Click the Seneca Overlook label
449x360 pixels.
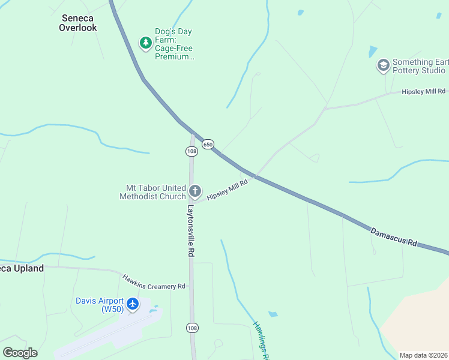pyautogui.click(x=77, y=23)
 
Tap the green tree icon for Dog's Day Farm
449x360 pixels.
pyautogui.click(x=145, y=43)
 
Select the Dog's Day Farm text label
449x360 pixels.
pyautogui.click(x=174, y=44)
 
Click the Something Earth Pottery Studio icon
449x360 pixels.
pyautogui.click(x=383, y=65)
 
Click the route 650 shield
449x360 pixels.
pyautogui.click(x=208, y=144)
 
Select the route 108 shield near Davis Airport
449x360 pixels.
pyautogui.click(x=192, y=328)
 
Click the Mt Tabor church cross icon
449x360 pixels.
pyautogui.click(x=194, y=191)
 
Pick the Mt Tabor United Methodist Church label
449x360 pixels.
pyautogui.click(x=152, y=192)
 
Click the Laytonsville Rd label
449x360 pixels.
pyautogui.click(x=190, y=232)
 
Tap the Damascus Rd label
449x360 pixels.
pyautogui.click(x=393, y=236)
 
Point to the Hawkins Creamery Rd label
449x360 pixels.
pyautogui.click(x=154, y=282)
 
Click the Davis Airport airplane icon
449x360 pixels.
pyautogui.click(x=133, y=304)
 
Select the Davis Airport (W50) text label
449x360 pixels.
pyautogui.click(x=99, y=305)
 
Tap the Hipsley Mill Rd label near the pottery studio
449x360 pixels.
pyautogui.click(x=424, y=91)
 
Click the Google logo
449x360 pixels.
pyautogui.click(x=20, y=353)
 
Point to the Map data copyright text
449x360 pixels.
pyautogui.click(x=423, y=355)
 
